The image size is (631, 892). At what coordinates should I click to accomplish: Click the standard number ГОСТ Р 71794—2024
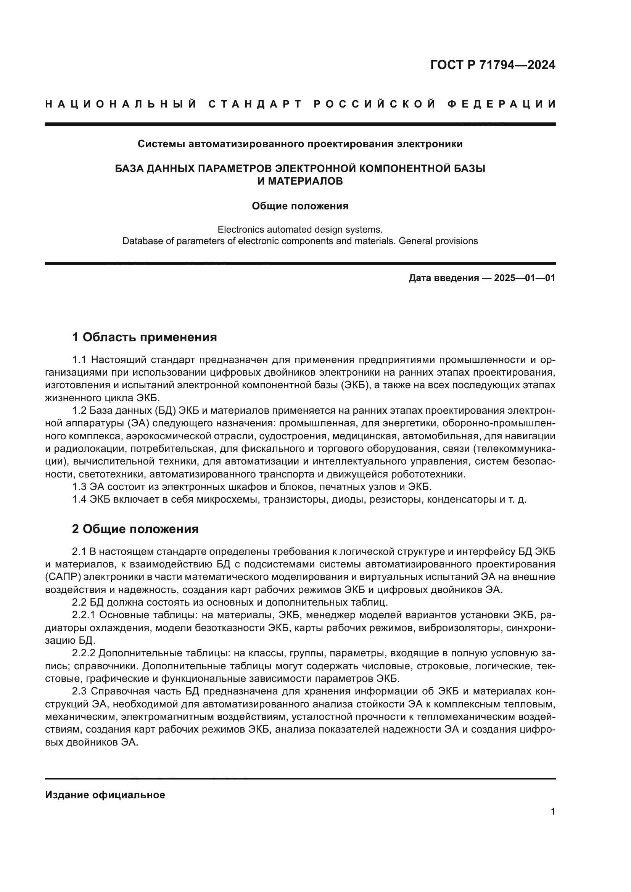tap(492, 65)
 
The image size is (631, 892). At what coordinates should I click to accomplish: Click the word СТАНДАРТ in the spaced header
tap(255, 104)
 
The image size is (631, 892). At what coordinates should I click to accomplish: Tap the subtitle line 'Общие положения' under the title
tap(300, 206)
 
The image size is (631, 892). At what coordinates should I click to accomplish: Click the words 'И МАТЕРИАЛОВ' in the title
tap(300, 181)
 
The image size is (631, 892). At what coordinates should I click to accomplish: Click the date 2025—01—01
tap(525, 278)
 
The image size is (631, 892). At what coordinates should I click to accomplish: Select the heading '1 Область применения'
tap(145, 337)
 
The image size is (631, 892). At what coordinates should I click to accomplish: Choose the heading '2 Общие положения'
tap(135, 529)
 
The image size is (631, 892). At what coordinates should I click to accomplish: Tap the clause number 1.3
tap(80, 487)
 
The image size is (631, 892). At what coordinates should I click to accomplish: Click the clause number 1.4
tap(80, 500)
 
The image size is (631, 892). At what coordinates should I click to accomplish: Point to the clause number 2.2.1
tap(84, 615)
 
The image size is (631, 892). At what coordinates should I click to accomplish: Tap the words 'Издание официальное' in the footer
tap(105, 795)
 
